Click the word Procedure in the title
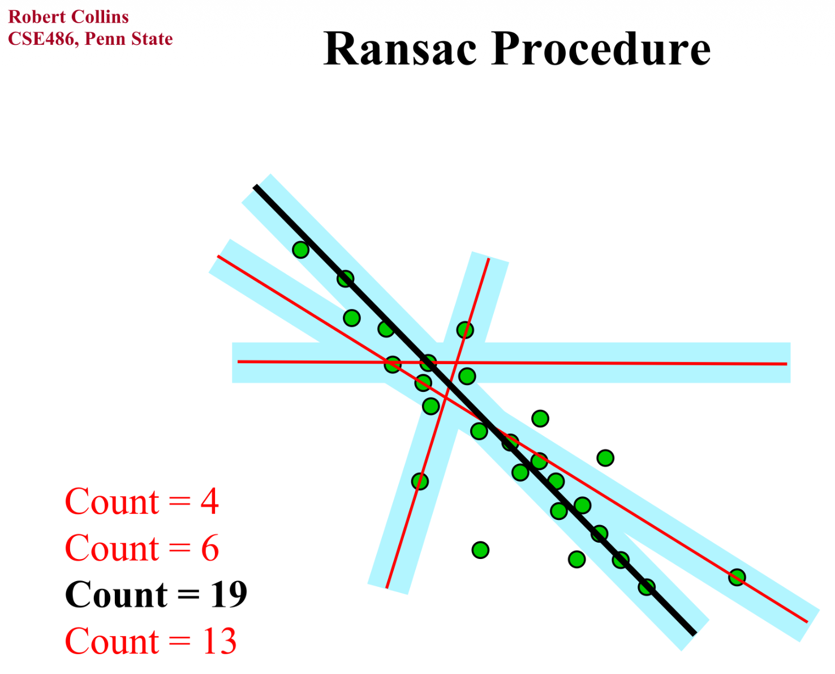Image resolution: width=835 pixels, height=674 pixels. coord(601,49)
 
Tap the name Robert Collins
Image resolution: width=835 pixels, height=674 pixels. coord(68,17)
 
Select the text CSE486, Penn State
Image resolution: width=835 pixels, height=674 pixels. coord(91,39)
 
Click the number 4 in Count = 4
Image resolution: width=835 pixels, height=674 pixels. coord(209,502)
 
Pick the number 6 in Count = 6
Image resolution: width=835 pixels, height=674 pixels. coord(210,548)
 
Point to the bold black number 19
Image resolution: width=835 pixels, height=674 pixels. coord(229,595)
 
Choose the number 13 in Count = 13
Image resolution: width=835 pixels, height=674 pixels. coord(219,641)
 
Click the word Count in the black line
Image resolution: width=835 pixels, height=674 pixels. coord(116,595)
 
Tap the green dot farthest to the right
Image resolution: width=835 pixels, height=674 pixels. coord(737,577)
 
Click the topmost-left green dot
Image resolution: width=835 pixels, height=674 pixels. coord(300,249)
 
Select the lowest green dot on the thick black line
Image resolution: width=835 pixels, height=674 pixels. coord(647,587)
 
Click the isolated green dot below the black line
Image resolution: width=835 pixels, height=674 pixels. coord(480,549)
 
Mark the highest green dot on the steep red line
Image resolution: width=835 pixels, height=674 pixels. coord(465,330)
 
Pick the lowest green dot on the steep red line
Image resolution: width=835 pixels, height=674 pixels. coord(419,481)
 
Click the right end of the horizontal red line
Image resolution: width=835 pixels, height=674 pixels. coord(786,364)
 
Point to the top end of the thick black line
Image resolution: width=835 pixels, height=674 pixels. coord(256,186)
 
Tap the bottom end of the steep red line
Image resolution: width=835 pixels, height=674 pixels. coord(387,587)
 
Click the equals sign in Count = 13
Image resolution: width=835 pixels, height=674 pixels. coord(180,642)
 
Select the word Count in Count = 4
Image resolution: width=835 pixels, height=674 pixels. coord(111,502)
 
